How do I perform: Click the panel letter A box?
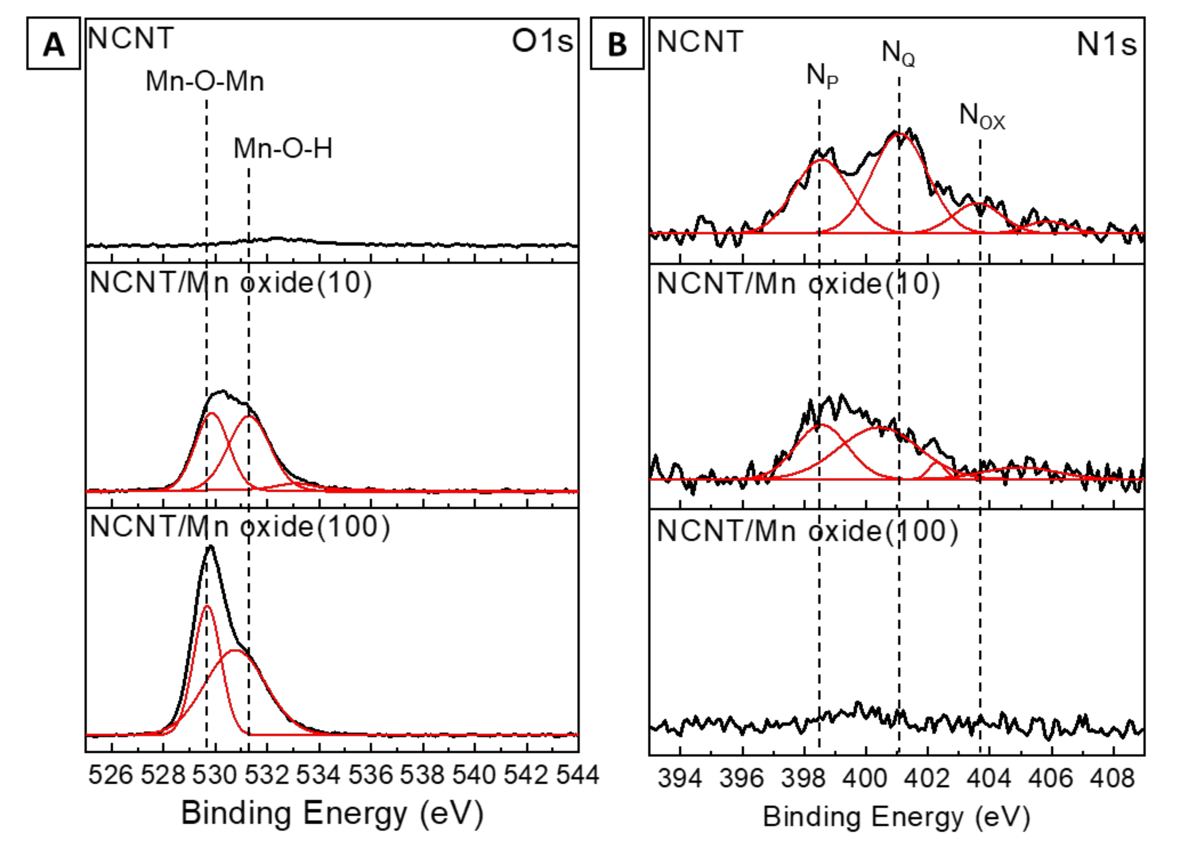pyautogui.click(x=54, y=43)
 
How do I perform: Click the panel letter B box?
pyautogui.click(x=617, y=43)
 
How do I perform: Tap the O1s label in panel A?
pyautogui.click(x=543, y=41)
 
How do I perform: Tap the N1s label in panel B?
pyautogui.click(x=1106, y=44)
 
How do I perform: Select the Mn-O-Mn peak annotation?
pyautogui.click(x=205, y=81)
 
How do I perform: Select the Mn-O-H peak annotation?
pyautogui.click(x=283, y=148)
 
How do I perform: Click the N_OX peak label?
pyautogui.click(x=982, y=116)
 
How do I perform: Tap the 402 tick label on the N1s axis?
pyautogui.click(x=928, y=778)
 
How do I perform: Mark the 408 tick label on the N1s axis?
pyautogui.click(x=1113, y=778)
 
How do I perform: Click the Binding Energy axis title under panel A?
pyautogui.click(x=331, y=813)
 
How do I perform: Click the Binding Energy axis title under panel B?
pyautogui.click(x=896, y=817)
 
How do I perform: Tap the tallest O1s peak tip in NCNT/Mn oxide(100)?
pyautogui.click(x=210, y=546)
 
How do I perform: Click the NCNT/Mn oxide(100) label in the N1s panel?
pyautogui.click(x=807, y=531)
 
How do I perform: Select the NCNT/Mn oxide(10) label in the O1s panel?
pyautogui.click(x=231, y=283)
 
